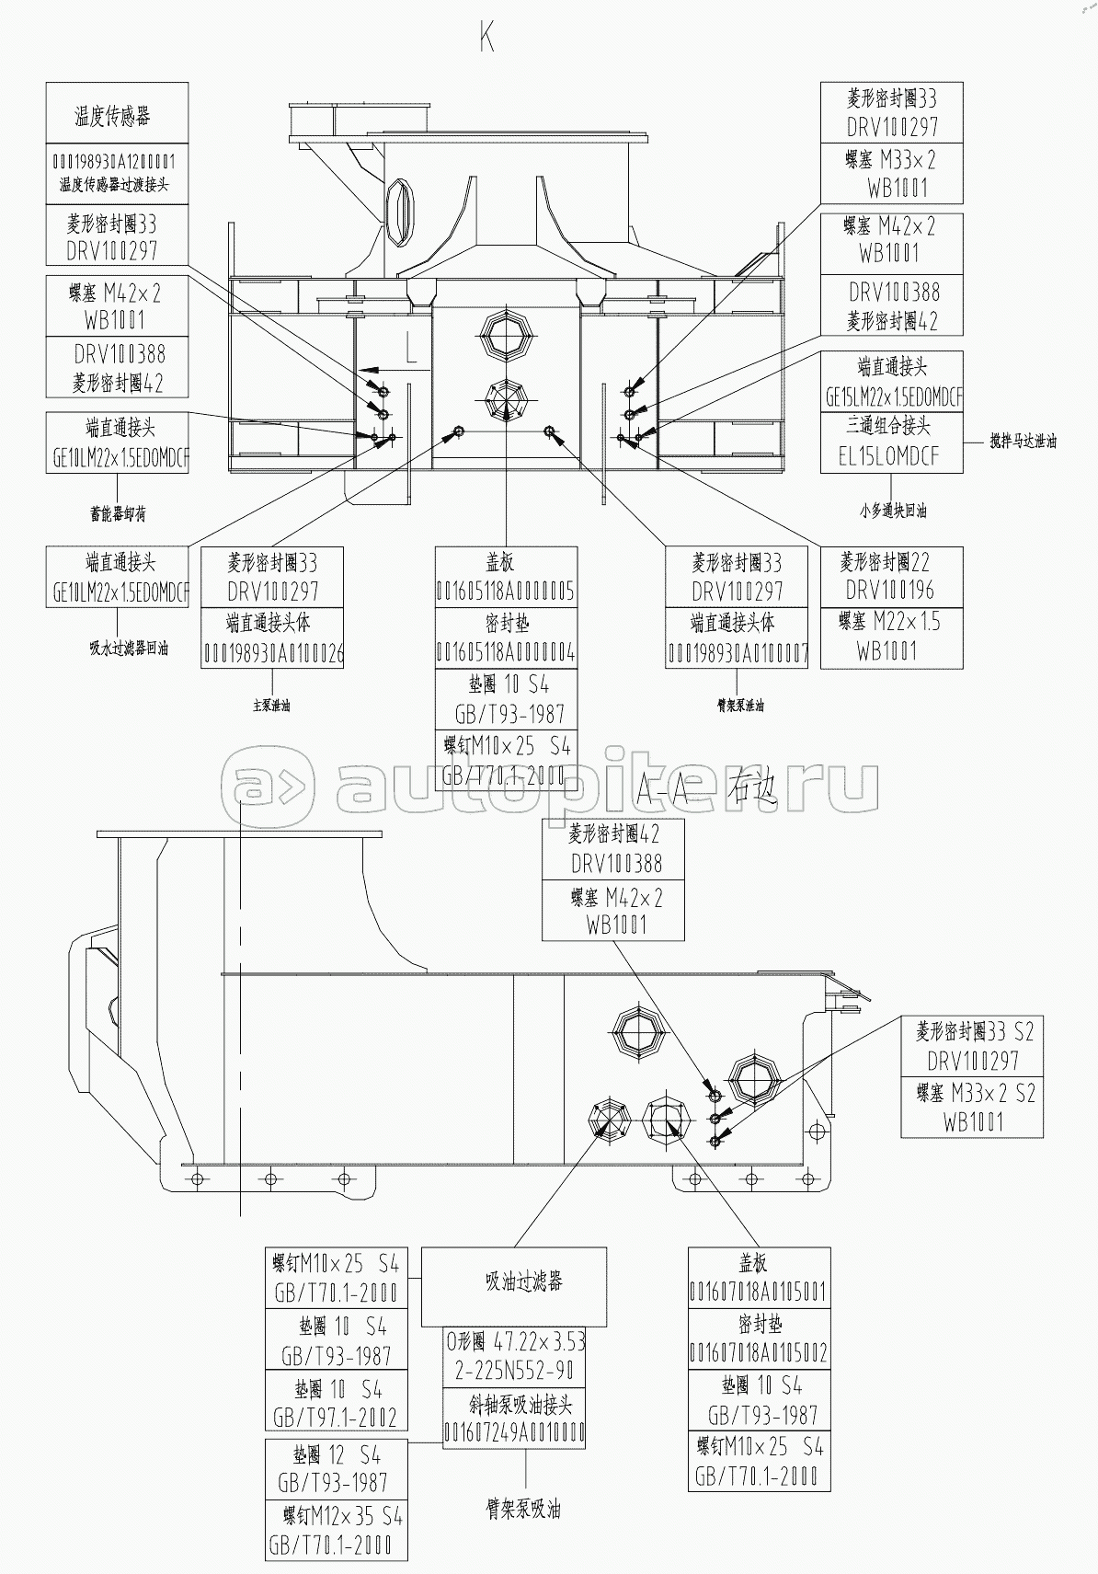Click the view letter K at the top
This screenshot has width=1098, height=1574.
click(487, 38)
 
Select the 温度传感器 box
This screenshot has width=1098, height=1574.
click(117, 114)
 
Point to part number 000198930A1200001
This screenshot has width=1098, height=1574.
click(117, 160)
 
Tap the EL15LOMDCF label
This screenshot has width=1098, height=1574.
click(889, 456)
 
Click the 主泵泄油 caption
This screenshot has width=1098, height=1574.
click(271, 707)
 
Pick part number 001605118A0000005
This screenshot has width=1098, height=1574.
click(506, 591)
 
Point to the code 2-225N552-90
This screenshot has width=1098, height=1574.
click(515, 1371)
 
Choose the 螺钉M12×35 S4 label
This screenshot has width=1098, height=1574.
click(336, 1516)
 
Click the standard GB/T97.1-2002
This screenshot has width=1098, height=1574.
click(336, 1418)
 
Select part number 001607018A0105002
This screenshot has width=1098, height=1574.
click(759, 1353)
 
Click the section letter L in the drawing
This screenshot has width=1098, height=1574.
click(411, 348)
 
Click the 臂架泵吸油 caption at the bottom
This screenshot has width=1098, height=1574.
click(523, 1510)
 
